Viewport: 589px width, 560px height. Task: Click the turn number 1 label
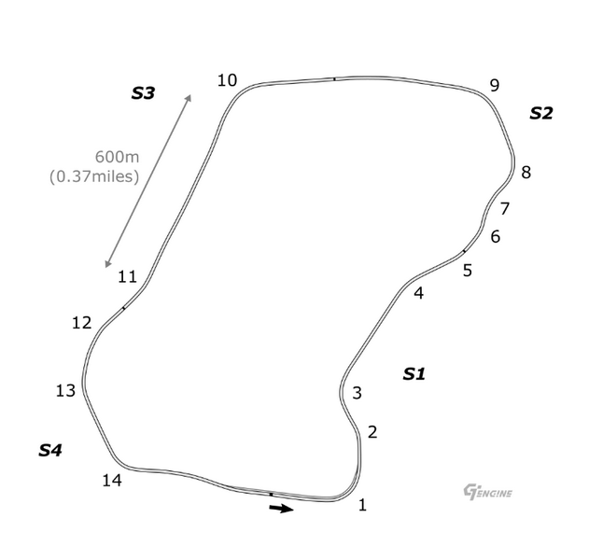pos(362,505)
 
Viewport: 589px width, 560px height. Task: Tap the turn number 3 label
pos(357,393)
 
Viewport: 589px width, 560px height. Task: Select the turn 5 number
pos(468,271)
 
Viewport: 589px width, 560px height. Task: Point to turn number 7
pos(504,208)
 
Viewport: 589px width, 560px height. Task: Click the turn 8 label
pos(526,173)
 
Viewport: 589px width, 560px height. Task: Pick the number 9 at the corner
pos(495,86)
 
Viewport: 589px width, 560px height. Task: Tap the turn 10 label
pos(227,80)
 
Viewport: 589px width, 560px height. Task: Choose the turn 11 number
pos(127,277)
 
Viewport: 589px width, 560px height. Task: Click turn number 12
pos(81,323)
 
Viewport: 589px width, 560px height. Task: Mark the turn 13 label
pos(65,391)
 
